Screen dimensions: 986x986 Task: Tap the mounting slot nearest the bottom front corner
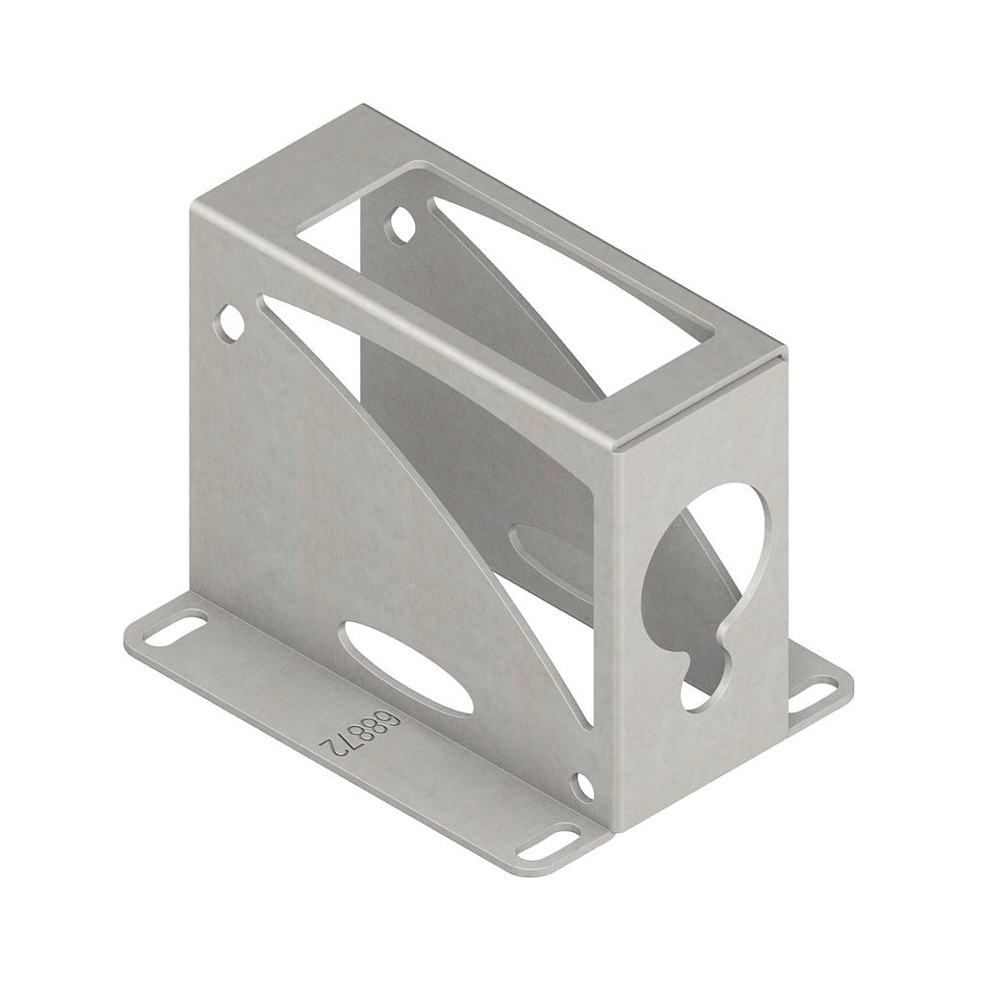548,842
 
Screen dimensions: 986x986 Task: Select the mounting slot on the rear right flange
814,694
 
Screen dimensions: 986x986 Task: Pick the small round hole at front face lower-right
583,786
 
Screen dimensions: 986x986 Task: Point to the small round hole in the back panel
402,225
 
